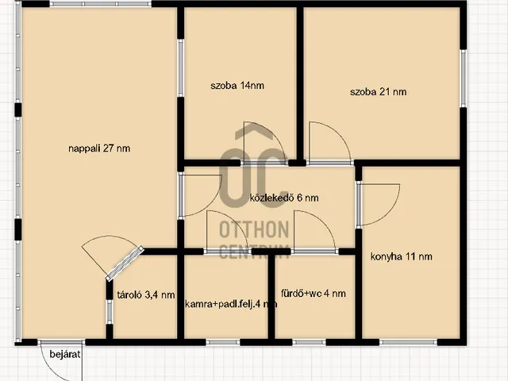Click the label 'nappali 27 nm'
99,148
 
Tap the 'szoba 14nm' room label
237,86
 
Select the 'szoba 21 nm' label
378,92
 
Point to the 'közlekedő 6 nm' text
284,198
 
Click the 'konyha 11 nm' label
401,256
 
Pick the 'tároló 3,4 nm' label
146,294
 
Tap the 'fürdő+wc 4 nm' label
314,294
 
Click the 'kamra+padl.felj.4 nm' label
231,304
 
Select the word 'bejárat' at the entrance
65,354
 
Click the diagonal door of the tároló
125,263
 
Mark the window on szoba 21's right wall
464,79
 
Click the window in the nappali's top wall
101,4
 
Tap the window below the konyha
408,342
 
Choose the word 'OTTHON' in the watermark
254,229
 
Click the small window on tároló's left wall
110,312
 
